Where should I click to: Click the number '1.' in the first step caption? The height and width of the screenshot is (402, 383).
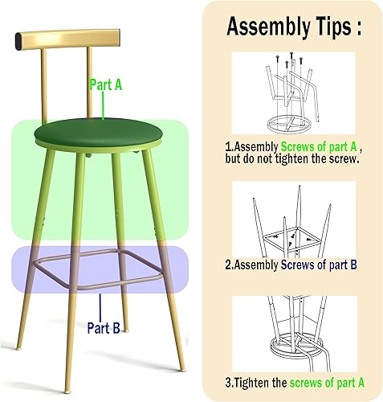(x=230, y=148)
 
